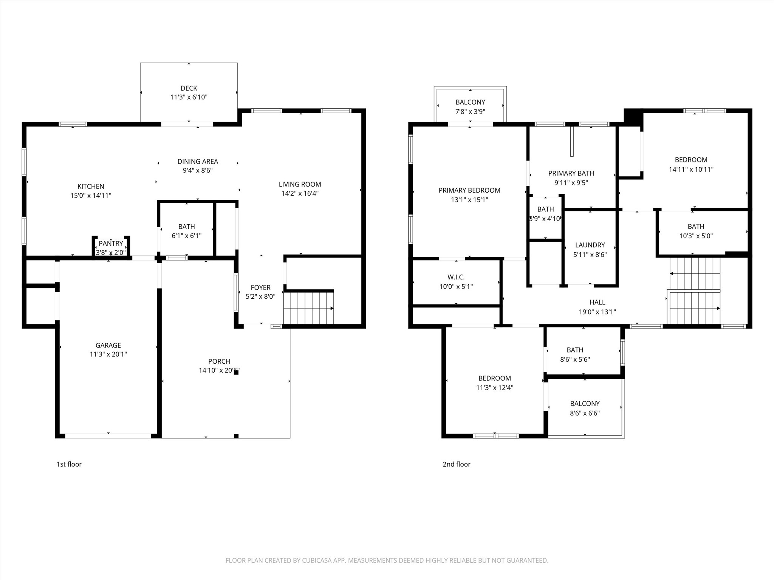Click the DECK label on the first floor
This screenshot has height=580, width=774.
pos(189,88)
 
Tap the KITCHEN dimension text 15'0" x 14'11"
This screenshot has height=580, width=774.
pos(91,196)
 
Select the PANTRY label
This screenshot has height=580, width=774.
pos(111,244)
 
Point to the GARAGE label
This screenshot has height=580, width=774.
pos(108,345)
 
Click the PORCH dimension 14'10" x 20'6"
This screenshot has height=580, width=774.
pos(219,370)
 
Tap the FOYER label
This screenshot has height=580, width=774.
pos(260,287)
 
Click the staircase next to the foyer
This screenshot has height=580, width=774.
pos(308,308)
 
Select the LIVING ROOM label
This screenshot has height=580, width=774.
pos(300,184)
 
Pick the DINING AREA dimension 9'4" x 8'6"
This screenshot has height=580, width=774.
pos(198,170)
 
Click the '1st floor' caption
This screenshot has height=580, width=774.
pos(69,464)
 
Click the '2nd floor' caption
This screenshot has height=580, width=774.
pos(457,464)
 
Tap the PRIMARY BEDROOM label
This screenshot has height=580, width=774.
pos(469,190)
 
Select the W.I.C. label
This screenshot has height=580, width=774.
pos(456,277)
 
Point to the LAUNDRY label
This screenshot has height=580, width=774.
pos(590,245)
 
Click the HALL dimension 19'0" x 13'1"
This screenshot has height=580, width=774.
pos(597,312)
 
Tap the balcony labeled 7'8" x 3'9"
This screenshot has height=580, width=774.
pos(470,107)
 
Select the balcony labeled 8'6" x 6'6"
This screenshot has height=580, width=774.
pos(585,408)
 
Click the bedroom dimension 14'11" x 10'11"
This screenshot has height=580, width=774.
pos(691,170)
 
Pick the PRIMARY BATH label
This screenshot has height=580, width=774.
pos(571,173)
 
